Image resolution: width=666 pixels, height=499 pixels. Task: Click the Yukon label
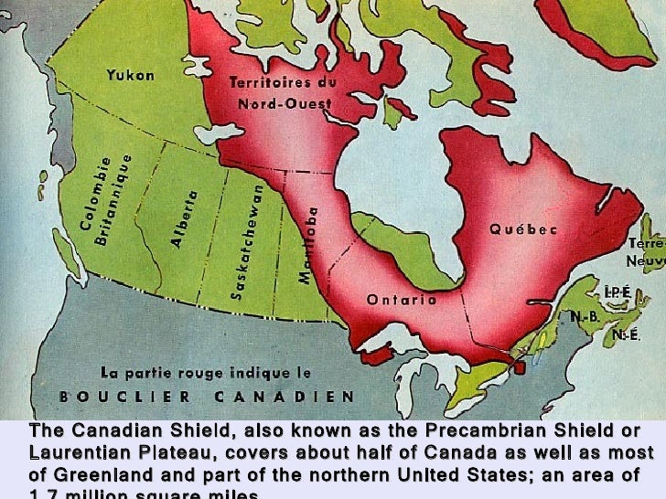click(x=131, y=75)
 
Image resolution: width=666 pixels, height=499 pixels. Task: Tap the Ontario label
click(x=401, y=300)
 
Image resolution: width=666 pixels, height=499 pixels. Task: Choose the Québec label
click(x=522, y=229)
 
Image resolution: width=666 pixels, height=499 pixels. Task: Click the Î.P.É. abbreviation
click(x=617, y=292)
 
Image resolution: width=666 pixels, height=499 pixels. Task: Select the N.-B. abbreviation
click(x=585, y=317)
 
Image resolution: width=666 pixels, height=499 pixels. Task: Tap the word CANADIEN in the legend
click(x=285, y=397)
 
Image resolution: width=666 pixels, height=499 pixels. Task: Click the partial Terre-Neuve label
click(x=646, y=252)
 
